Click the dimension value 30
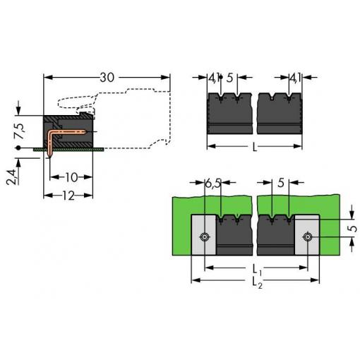pyautogui.click(x=107, y=78)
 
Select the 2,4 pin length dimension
pyautogui.click(x=11, y=177)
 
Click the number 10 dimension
pyautogui.click(x=71, y=177)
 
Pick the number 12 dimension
pyautogui.click(x=68, y=196)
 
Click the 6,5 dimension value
pyautogui.click(x=213, y=183)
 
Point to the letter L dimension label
pyautogui.click(x=255, y=147)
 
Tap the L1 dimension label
pyautogui.click(x=257, y=270)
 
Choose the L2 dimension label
pyautogui.click(x=257, y=282)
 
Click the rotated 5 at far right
pyautogui.click(x=352, y=229)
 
